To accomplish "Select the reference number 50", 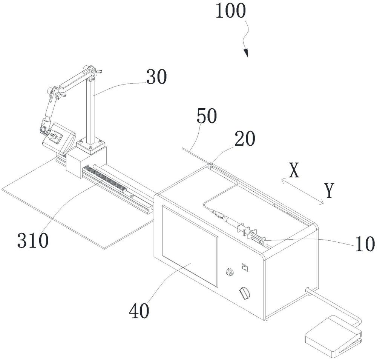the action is point(206,117).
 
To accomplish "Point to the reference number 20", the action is point(244,140).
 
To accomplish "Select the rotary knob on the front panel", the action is point(245,294).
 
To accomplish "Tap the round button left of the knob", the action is point(229,272).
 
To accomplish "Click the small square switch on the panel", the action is point(244,268).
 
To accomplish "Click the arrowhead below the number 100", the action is point(246,54).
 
